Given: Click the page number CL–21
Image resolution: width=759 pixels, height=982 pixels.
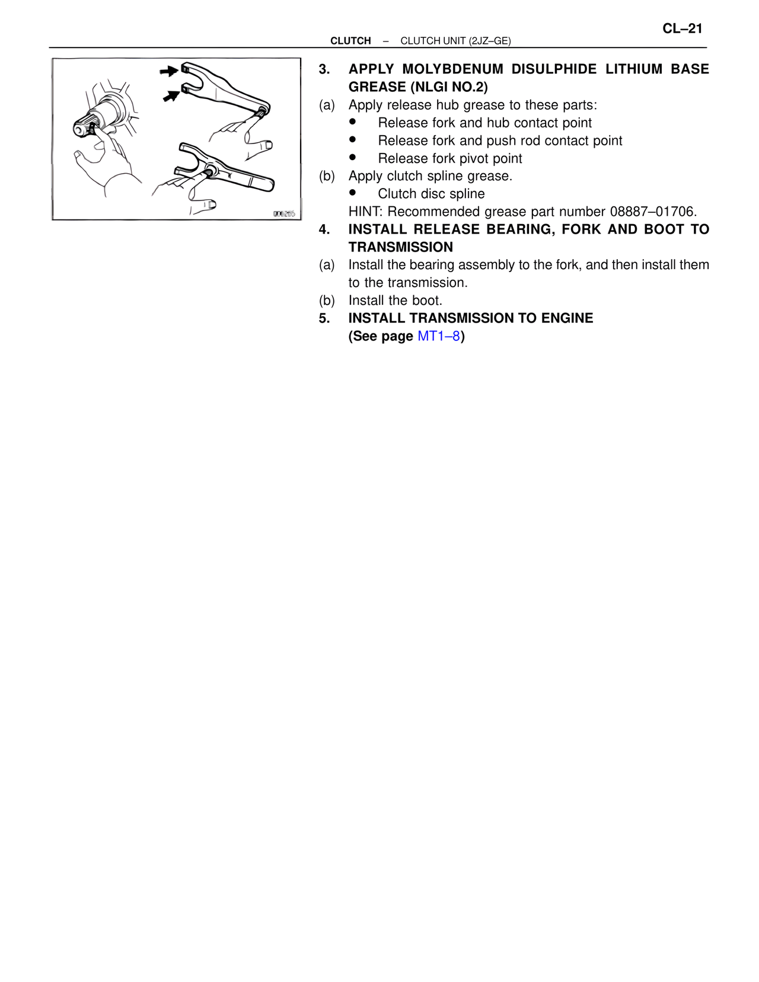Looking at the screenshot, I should (682, 28).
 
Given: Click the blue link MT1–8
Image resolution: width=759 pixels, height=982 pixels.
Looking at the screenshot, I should (439, 336).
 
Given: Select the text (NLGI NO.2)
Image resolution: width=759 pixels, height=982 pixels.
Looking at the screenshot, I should (449, 87).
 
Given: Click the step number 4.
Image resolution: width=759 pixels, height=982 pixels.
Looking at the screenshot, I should (324, 229).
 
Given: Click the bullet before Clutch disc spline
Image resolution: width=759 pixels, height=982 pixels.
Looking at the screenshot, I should (353, 193).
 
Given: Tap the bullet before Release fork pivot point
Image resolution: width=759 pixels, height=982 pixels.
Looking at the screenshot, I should (353, 157).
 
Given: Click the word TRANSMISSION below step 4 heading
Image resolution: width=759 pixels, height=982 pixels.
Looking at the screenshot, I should (401, 247).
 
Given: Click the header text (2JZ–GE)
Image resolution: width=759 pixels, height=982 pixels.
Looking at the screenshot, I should (489, 41).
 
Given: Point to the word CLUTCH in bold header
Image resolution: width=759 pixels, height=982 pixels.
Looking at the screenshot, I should (350, 41).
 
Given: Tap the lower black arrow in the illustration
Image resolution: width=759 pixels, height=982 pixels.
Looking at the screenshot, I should (171, 94).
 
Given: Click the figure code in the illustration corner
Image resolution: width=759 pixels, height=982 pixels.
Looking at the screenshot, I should (284, 213).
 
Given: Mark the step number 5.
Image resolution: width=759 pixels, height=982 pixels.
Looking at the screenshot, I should (324, 318).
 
